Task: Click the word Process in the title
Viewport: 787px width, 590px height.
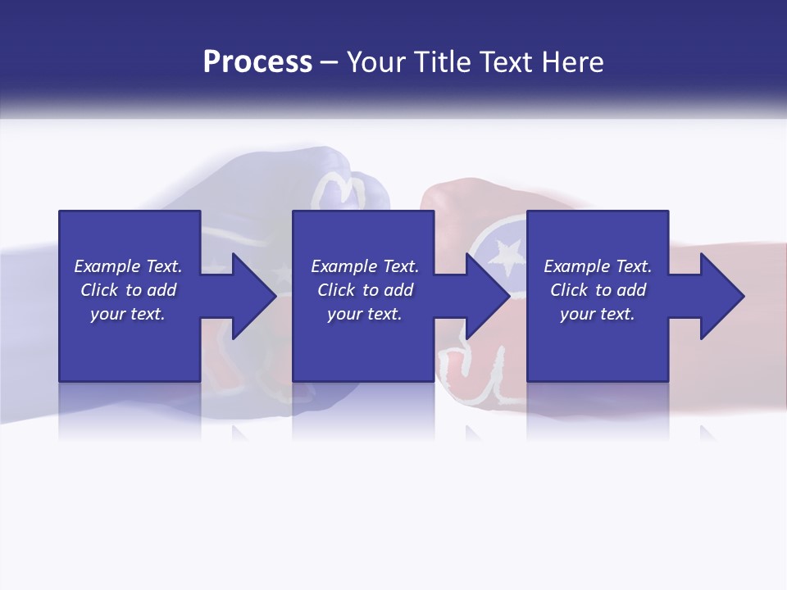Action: (257, 62)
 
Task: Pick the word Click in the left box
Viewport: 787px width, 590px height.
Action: (101, 290)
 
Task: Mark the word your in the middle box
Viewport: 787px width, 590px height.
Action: (344, 315)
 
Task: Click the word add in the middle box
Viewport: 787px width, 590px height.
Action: (398, 290)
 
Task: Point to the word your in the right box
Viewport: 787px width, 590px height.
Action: (577, 315)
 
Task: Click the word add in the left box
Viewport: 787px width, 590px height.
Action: (161, 290)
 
